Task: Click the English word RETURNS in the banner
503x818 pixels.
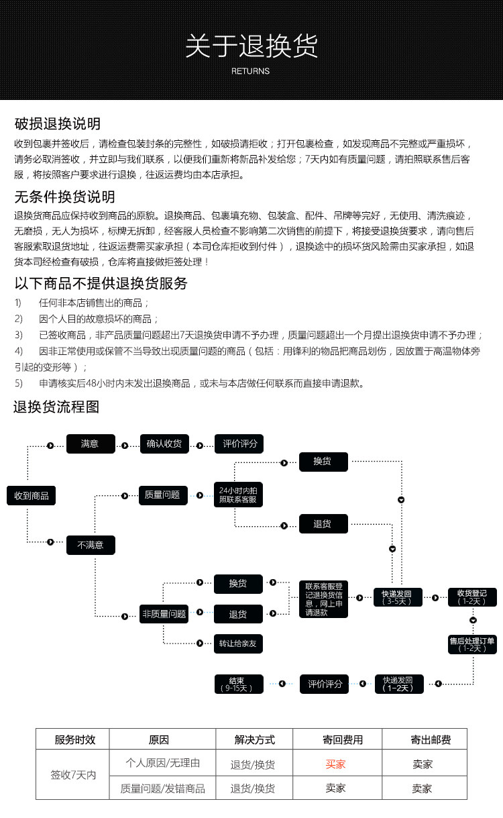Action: pyautogui.click(x=250, y=71)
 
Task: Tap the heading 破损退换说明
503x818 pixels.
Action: pyautogui.click(x=58, y=123)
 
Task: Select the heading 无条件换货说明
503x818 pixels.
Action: pyautogui.click(x=65, y=197)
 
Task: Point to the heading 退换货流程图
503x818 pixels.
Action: pyautogui.click(x=56, y=407)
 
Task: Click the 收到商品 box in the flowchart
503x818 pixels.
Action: pyautogui.click(x=32, y=496)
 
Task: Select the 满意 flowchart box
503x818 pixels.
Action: pyautogui.click(x=91, y=444)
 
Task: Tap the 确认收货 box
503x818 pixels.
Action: pyautogui.click(x=164, y=444)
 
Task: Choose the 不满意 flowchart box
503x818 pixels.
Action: pyautogui.click(x=91, y=545)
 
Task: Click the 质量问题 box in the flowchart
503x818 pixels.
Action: pyautogui.click(x=163, y=495)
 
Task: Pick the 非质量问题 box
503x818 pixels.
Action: pyautogui.click(x=164, y=613)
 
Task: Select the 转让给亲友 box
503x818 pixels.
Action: pyautogui.click(x=238, y=644)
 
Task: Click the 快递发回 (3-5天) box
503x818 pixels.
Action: pyautogui.click(x=398, y=597)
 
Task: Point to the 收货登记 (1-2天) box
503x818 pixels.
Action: pyautogui.click(x=473, y=597)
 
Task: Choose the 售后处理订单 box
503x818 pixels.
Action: pyautogui.click(x=473, y=644)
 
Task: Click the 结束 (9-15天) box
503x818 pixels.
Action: pyautogui.click(x=238, y=684)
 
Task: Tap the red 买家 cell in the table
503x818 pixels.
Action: pyautogui.click(x=335, y=764)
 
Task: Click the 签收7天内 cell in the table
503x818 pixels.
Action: pyautogui.click(x=73, y=775)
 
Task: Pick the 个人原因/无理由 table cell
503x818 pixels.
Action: pyautogui.click(x=163, y=763)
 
